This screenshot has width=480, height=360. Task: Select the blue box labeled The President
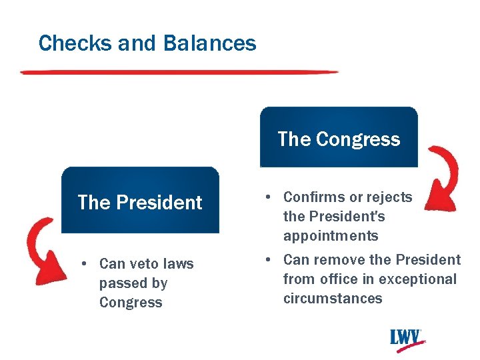pyautogui.click(x=140, y=201)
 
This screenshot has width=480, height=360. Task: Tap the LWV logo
pyautogui.click(x=407, y=338)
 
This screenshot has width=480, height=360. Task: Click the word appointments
pyautogui.click(x=331, y=236)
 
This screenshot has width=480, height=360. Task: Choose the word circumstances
pyautogui.click(x=333, y=299)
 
